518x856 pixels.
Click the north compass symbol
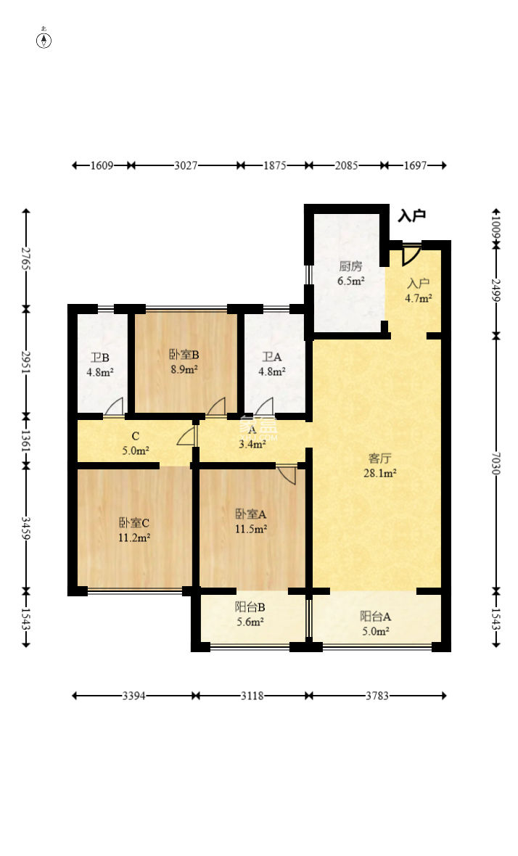click(x=44, y=39)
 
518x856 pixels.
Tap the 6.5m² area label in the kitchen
click(x=350, y=281)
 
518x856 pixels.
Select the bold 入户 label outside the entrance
click(x=411, y=215)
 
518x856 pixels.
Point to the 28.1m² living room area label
click(x=380, y=473)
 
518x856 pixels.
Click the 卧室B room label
click(x=184, y=354)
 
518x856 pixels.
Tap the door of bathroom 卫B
click(x=115, y=407)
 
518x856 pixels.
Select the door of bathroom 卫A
click(x=264, y=407)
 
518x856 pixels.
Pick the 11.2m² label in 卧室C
click(x=134, y=538)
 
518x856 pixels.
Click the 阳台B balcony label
click(x=250, y=607)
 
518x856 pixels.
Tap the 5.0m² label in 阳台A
click(x=376, y=632)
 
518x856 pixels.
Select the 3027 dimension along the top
click(x=186, y=165)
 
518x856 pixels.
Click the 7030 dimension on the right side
click(x=496, y=463)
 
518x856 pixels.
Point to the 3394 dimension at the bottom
click(x=133, y=696)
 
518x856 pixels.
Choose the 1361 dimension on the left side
click(x=25, y=441)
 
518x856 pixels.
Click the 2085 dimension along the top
click(x=346, y=165)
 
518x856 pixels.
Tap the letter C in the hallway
click(x=136, y=436)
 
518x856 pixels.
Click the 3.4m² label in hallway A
click(x=252, y=445)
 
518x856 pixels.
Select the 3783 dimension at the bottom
click(x=377, y=696)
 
